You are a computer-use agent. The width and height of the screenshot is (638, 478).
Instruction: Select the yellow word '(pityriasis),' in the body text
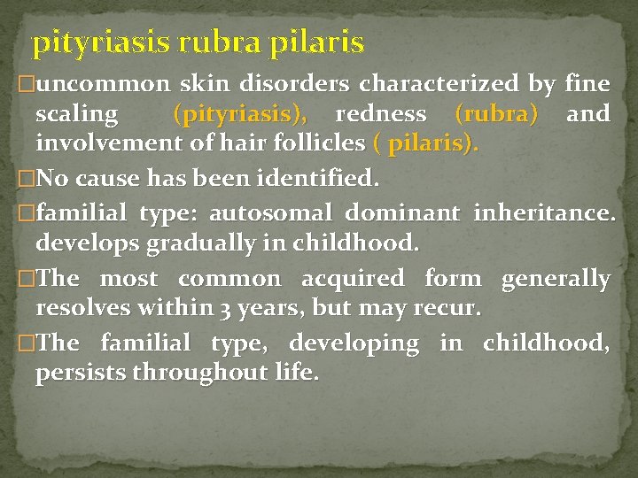240,114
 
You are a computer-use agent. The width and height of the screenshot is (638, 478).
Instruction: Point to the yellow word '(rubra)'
495,114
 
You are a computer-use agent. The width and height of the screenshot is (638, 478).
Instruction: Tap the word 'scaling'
76,114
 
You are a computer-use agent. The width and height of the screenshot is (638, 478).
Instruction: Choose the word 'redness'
380,114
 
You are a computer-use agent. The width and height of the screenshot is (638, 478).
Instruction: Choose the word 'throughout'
190,373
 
